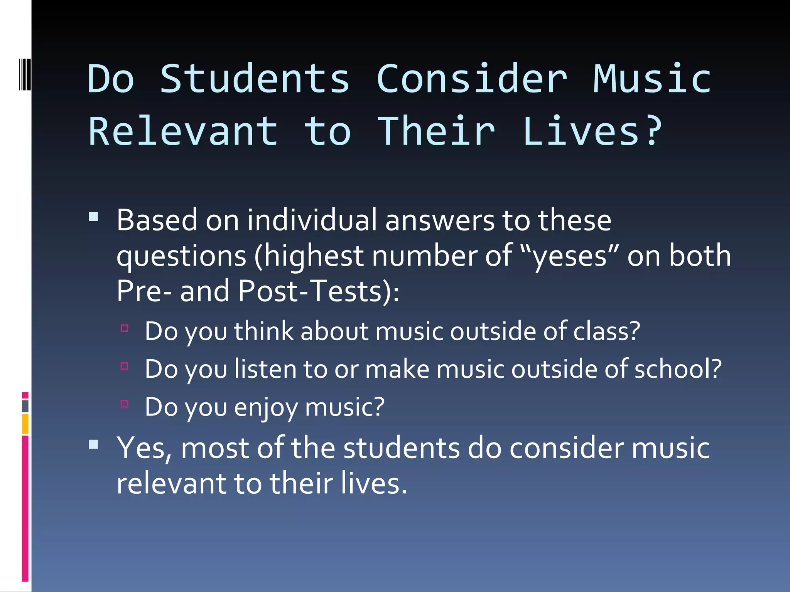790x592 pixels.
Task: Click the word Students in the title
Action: point(255,79)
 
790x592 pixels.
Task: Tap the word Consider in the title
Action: point(472,79)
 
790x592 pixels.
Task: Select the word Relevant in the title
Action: point(183,132)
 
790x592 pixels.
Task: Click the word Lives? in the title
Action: point(592,132)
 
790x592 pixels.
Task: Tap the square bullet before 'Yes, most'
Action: point(93,444)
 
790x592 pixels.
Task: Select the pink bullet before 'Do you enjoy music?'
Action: point(124,404)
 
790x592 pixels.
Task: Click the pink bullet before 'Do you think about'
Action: point(124,328)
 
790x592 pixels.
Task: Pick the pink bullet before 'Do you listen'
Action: point(124,366)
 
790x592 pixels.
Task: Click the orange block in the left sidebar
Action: point(25,424)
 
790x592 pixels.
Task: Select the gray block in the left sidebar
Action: point(25,406)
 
